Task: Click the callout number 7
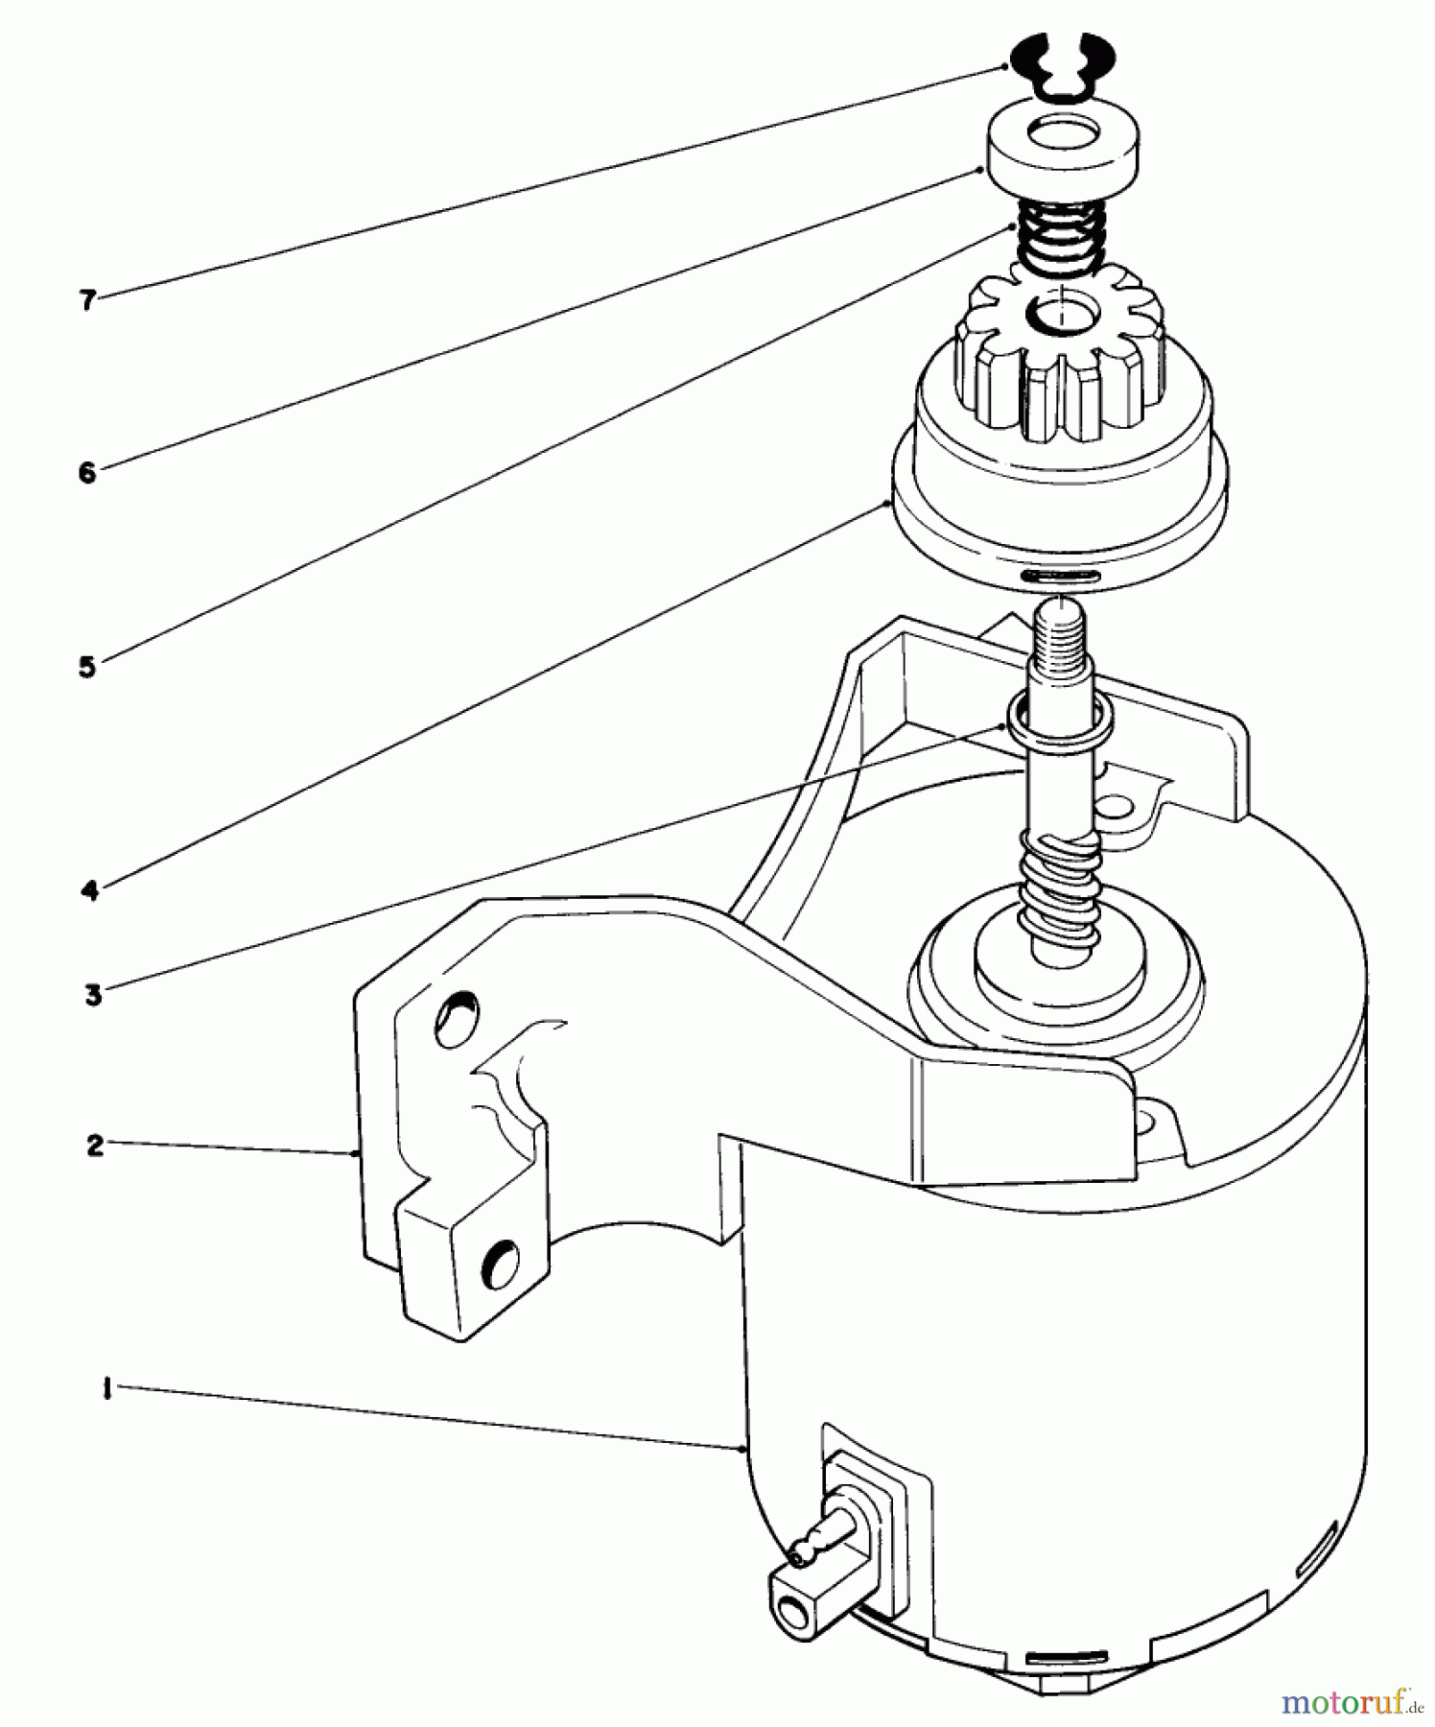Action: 88,300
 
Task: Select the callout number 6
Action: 88,472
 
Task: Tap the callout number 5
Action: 88,667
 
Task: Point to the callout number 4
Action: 90,890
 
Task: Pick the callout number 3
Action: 93,995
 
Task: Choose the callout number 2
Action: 95,1145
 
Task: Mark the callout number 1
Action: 106,1389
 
